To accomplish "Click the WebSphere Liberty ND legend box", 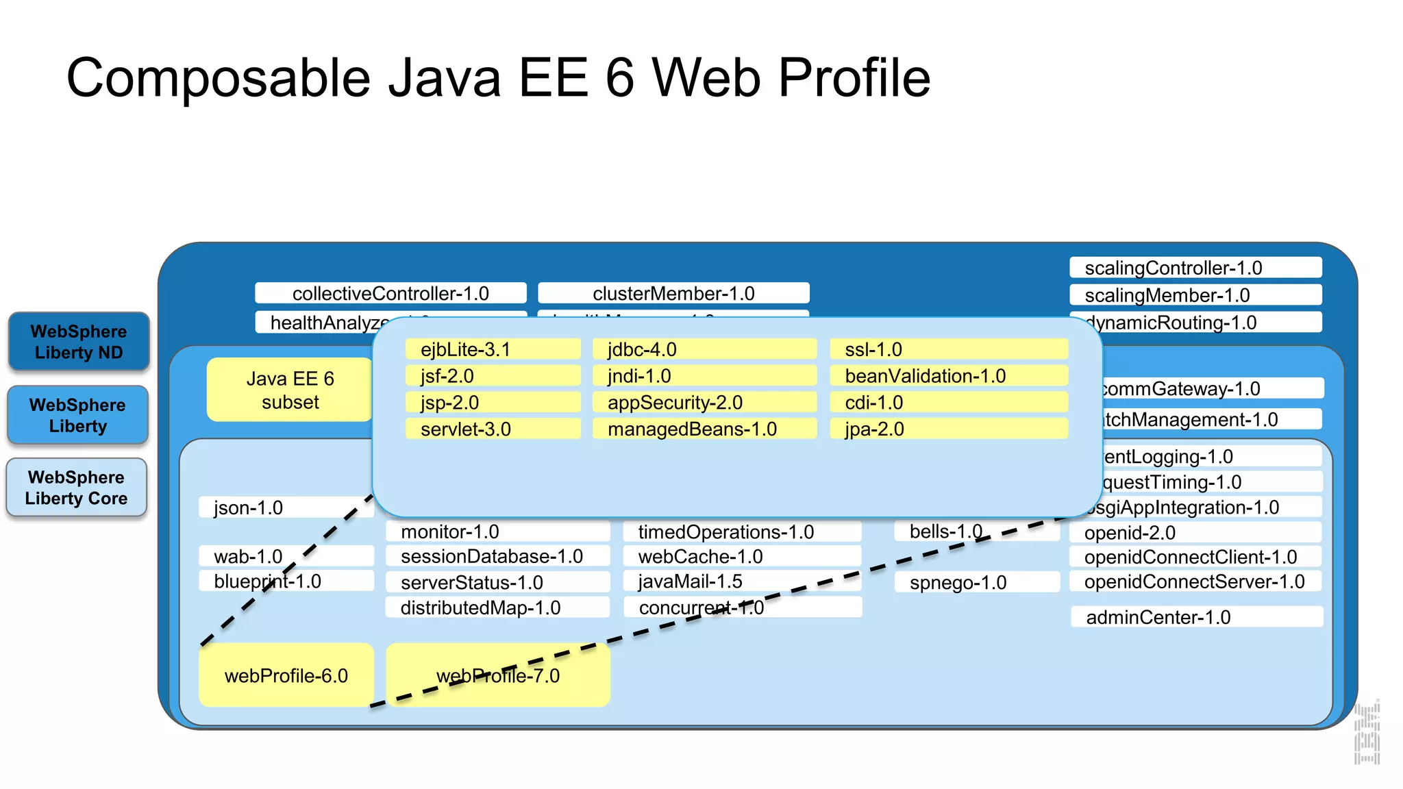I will [x=79, y=342].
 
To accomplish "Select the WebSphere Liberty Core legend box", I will [x=77, y=488].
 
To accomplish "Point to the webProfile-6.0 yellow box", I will [x=286, y=675].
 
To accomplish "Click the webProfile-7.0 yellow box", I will [x=498, y=675].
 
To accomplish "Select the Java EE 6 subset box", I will [x=290, y=390].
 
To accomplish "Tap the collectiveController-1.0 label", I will [x=390, y=293].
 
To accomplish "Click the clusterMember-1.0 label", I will [x=673, y=293].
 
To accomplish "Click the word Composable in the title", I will [x=219, y=77].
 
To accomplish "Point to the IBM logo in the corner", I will [x=1367, y=733].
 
